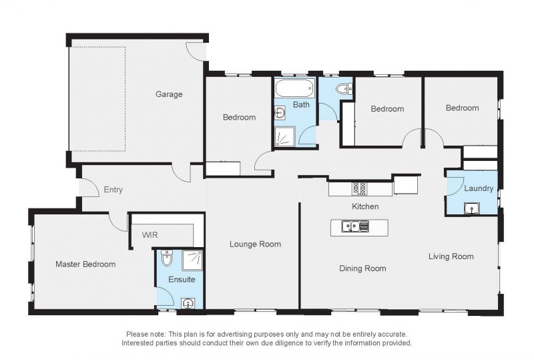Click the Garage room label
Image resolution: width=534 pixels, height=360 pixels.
[x=169, y=94]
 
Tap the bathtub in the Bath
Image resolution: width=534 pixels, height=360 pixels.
[x=294, y=88]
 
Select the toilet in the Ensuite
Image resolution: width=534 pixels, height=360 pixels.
[x=167, y=258]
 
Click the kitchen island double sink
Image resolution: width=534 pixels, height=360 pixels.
[x=355, y=226]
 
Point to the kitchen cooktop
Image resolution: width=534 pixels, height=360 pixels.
[x=360, y=188]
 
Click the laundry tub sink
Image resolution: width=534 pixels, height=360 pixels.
[x=471, y=208]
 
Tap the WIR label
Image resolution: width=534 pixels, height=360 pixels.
[x=150, y=235]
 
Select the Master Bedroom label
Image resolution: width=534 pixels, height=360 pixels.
[x=85, y=264]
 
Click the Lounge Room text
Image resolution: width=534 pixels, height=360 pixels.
[x=255, y=244]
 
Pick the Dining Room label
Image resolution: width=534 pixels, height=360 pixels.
[x=362, y=268]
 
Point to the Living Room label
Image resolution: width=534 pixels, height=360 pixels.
[x=451, y=256]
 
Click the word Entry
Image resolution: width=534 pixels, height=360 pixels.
[x=113, y=190]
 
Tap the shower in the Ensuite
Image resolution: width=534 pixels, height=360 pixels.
[x=192, y=260]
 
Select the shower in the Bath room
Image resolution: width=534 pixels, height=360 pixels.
[x=285, y=137]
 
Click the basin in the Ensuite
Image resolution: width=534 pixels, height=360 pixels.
[x=188, y=303]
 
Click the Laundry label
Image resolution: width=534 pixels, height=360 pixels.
[x=479, y=188]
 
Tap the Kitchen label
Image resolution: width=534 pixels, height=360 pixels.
[x=365, y=206]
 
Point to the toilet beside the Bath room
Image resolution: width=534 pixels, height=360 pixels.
[x=344, y=89]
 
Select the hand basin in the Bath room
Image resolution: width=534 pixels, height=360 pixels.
[x=280, y=112]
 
